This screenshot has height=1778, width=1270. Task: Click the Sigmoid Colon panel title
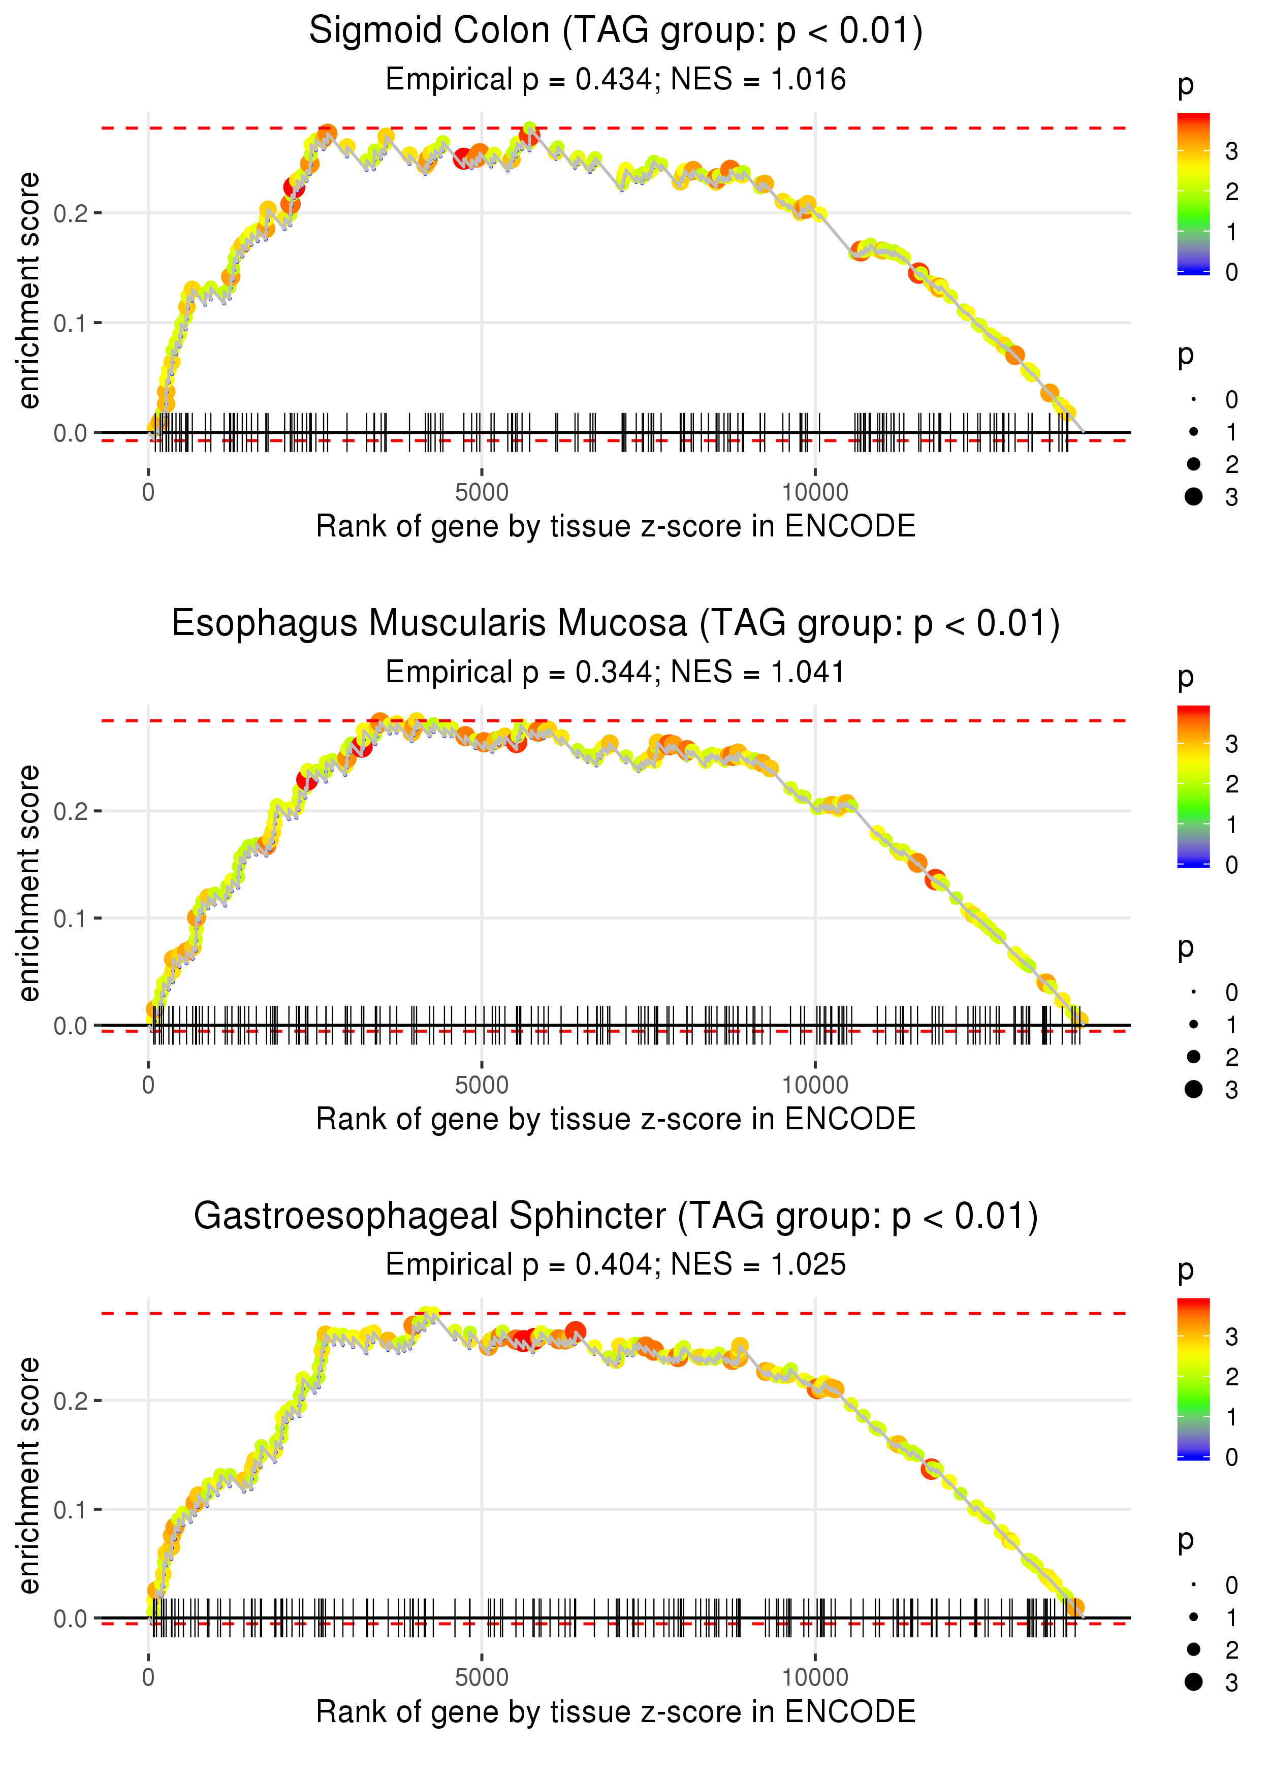616,31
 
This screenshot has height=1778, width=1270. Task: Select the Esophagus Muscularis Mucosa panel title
616,624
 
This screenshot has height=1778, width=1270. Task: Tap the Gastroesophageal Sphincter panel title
616,1217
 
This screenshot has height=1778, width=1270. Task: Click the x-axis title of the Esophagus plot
616,1119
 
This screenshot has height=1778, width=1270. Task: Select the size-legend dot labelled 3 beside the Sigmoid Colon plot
1193,496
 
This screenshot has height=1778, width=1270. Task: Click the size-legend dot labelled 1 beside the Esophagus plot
1193,1024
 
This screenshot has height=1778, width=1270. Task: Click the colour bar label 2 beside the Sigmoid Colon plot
1232,192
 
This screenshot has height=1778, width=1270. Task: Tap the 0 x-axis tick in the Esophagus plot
148,1085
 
